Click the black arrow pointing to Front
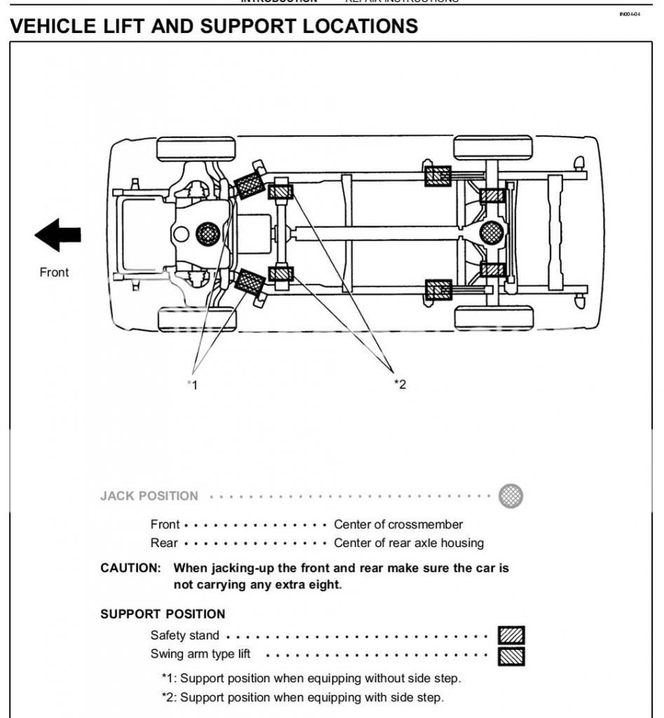[57, 235]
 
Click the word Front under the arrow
[54, 273]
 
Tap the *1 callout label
[192, 384]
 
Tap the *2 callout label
[400, 384]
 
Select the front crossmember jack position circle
[208, 233]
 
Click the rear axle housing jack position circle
[492, 231]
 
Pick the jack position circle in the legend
[510, 496]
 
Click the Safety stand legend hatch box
[511, 636]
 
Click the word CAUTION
[130, 568]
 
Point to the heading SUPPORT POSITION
[163, 614]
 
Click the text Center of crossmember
[398, 524]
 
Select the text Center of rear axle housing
[409, 543]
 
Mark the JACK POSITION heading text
[149, 496]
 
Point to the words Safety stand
[184, 636]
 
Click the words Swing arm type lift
[201, 654]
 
